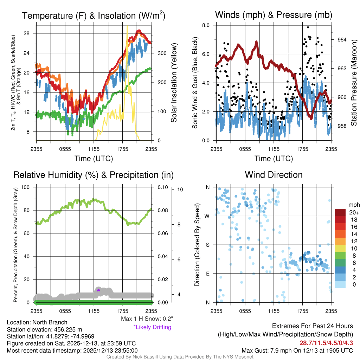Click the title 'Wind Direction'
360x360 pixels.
click(x=274, y=175)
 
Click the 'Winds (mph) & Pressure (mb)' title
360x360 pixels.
click(x=274, y=15)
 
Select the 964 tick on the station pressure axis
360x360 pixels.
click(x=342, y=39)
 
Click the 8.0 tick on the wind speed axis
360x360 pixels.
click(x=206, y=25)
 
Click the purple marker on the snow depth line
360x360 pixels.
click(x=98, y=290)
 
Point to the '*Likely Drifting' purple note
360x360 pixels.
click(x=152, y=327)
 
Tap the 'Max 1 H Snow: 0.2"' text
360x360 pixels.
click(x=147, y=319)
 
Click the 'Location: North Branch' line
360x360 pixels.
click(x=37, y=322)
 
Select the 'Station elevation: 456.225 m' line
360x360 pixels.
click(x=44, y=329)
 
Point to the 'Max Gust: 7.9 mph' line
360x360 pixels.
click(x=297, y=350)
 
